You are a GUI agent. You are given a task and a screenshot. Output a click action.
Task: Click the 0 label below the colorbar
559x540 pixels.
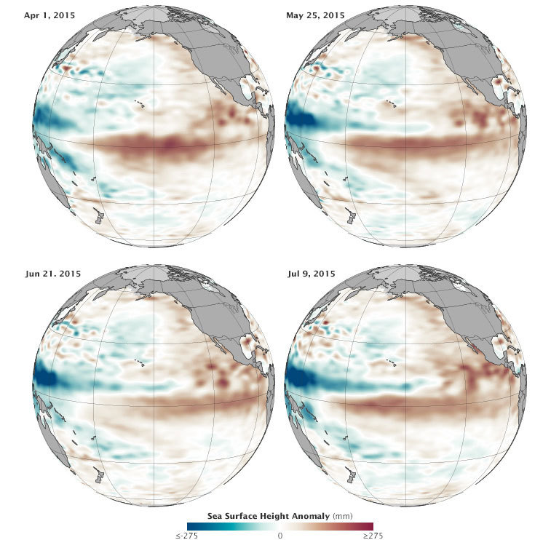click(280, 536)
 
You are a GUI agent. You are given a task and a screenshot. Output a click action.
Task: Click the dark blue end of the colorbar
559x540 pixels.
click(191, 525)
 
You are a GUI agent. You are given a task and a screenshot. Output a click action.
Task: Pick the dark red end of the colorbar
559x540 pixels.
click(369, 525)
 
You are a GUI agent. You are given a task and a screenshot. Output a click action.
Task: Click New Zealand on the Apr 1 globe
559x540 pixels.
click(100, 216)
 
